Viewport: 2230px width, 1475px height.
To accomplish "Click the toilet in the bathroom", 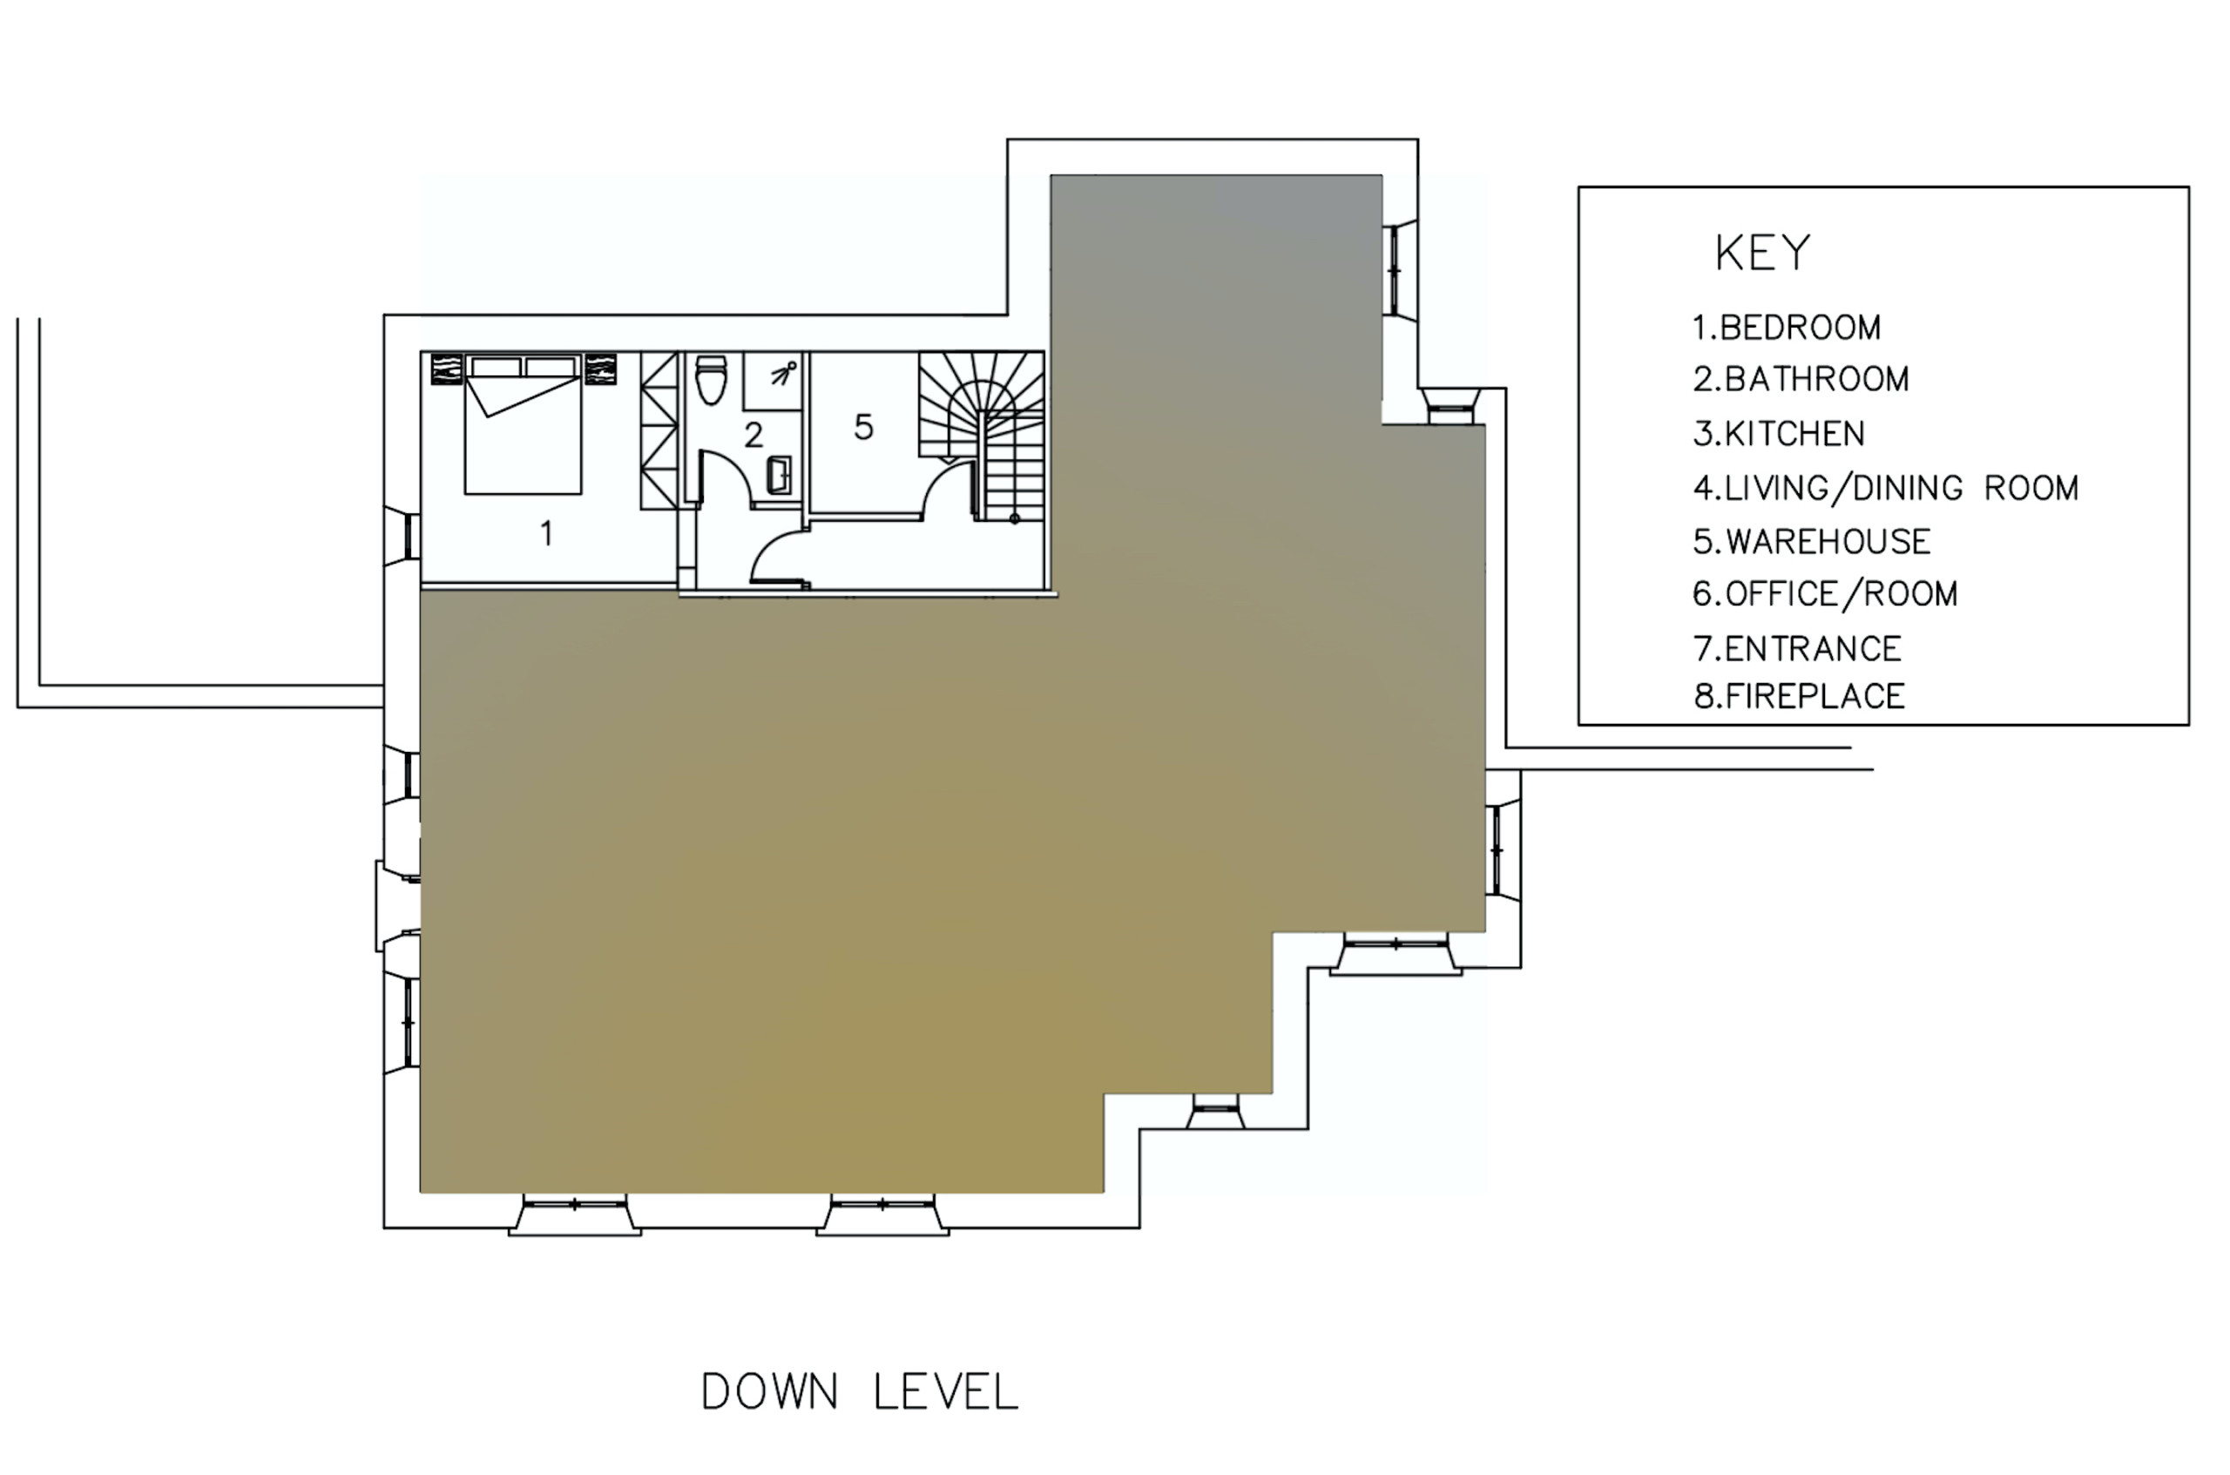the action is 711,379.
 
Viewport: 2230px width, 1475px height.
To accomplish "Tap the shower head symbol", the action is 783,374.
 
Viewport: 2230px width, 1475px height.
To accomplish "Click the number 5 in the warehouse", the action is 863,427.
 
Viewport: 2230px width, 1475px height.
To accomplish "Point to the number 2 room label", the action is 753,435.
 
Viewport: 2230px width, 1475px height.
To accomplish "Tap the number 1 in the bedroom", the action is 547,533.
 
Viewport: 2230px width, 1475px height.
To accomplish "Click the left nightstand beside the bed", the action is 446,369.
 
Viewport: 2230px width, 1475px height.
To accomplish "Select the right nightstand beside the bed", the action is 600,369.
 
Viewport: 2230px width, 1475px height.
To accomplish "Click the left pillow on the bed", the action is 496,366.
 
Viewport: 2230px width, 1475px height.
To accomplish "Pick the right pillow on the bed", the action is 551,366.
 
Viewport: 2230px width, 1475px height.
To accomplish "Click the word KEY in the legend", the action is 1762,253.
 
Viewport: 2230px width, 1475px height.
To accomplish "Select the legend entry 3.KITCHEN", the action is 1779,434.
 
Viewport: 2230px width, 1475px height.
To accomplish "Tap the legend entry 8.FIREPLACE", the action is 1799,696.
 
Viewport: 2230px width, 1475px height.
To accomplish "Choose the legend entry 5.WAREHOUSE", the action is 1812,542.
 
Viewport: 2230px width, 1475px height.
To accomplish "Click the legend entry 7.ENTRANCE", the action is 1797,649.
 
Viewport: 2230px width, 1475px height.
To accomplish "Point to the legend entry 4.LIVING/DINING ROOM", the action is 1886,488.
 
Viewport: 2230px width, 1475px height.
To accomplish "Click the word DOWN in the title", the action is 769,1392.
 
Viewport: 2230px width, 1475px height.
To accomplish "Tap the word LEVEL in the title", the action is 946,1392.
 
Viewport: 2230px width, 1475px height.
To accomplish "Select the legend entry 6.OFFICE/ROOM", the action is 1826,594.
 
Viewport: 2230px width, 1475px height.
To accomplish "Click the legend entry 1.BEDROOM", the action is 1787,328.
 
